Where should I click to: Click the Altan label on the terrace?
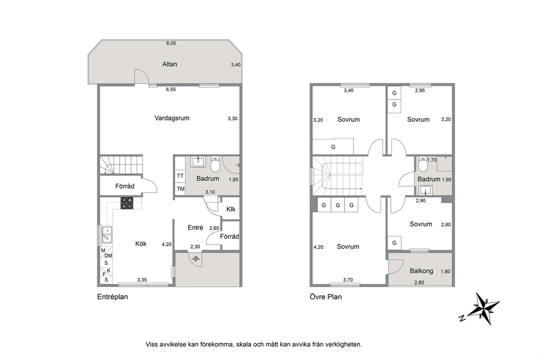click(x=170, y=64)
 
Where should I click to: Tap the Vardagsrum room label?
click(x=172, y=118)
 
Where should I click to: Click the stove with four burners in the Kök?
click(x=127, y=203)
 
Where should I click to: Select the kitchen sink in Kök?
click(x=107, y=234)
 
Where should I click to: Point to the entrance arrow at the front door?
click(x=195, y=258)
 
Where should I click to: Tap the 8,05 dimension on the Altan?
click(x=171, y=43)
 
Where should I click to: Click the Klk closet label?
click(x=231, y=209)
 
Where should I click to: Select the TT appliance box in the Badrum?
click(x=181, y=176)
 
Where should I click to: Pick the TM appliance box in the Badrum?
click(x=181, y=189)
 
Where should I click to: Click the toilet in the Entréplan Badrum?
click(x=215, y=164)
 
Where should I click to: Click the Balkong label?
click(x=421, y=271)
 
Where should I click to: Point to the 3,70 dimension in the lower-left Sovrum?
click(x=348, y=280)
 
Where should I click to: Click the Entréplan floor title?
click(x=113, y=297)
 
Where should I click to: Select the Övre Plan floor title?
click(x=326, y=297)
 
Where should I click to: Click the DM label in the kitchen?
click(x=108, y=255)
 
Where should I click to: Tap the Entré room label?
click(x=195, y=227)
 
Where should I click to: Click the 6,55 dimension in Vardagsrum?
click(x=171, y=89)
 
